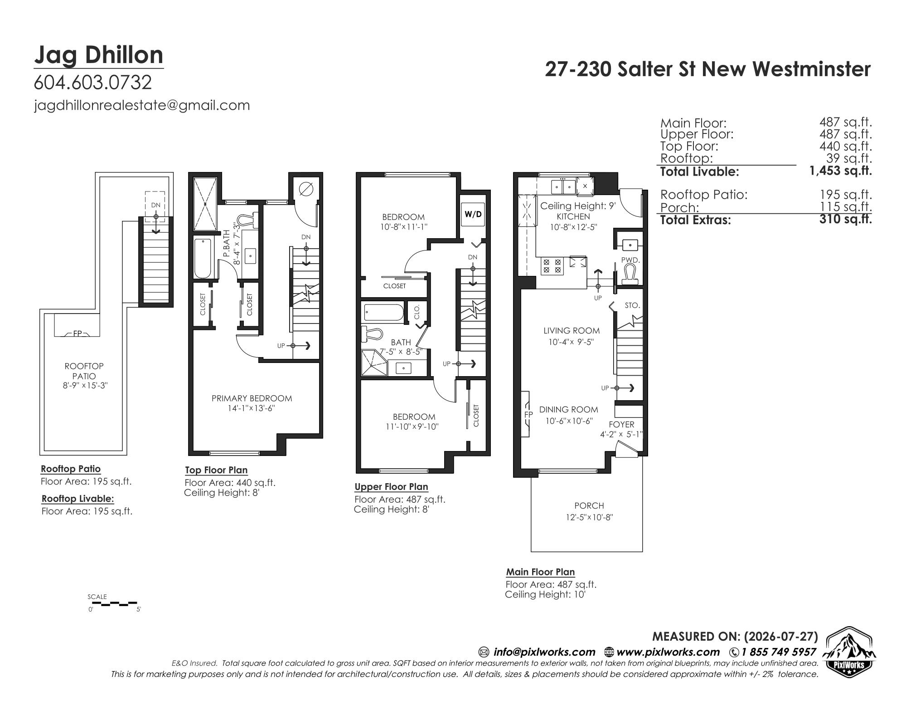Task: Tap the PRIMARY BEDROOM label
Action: coord(252,398)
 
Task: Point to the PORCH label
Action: coord(589,505)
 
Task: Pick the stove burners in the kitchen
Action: coord(552,265)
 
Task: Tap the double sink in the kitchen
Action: coord(562,186)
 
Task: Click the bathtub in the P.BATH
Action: coord(203,258)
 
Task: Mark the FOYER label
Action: coord(621,424)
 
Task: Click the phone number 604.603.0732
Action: coord(93,83)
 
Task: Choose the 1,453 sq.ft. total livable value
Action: coord(841,171)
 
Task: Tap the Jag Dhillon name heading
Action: coord(98,55)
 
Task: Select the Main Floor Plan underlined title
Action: coord(540,572)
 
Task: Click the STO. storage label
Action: coord(632,305)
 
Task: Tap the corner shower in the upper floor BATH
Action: coord(374,362)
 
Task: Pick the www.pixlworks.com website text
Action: coord(668,652)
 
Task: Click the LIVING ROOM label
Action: coord(571,331)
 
